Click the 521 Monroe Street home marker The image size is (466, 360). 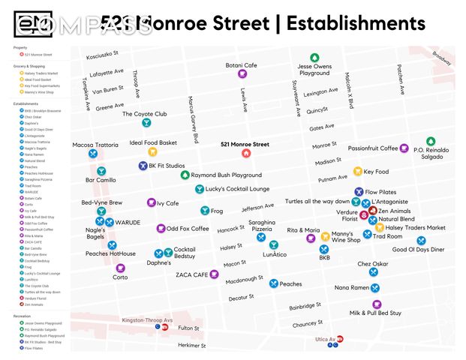point(245,154)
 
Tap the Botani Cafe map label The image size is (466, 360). point(241,65)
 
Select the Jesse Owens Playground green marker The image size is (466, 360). point(314,58)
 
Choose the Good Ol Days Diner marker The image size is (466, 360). point(421,241)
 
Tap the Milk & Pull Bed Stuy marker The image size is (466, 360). point(377,304)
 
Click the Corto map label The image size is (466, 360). point(120,277)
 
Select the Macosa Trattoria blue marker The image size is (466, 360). point(93,154)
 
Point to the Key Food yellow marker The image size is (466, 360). point(357,172)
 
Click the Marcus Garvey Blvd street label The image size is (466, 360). point(193,119)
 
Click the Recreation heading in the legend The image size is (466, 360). point(22,316)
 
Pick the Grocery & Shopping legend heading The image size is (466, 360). point(31,66)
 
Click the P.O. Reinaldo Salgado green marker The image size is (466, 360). point(430,141)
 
